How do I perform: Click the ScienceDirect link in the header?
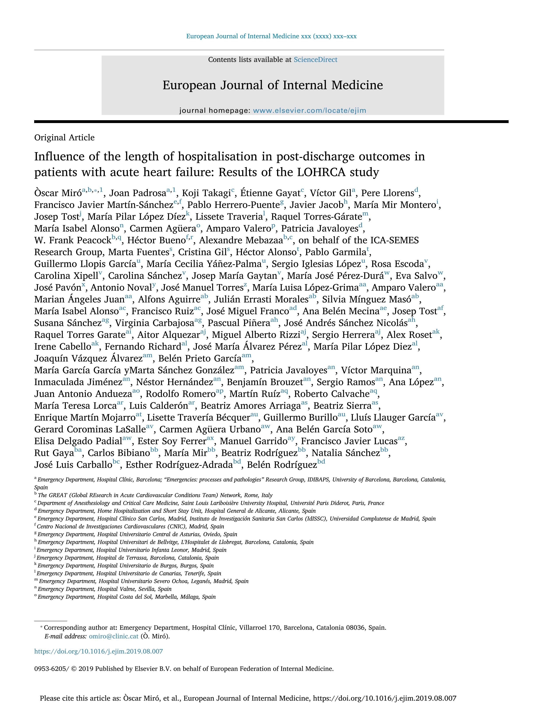click(x=315, y=60)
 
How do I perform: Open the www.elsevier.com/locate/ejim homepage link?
click(x=309, y=111)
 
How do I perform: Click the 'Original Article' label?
click(x=64, y=137)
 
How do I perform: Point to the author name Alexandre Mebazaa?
click(x=241, y=241)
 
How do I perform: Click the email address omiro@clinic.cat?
click(x=114, y=636)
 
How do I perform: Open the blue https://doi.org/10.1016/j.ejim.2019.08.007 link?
click(x=99, y=651)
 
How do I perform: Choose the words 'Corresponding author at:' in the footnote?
click(x=81, y=628)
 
